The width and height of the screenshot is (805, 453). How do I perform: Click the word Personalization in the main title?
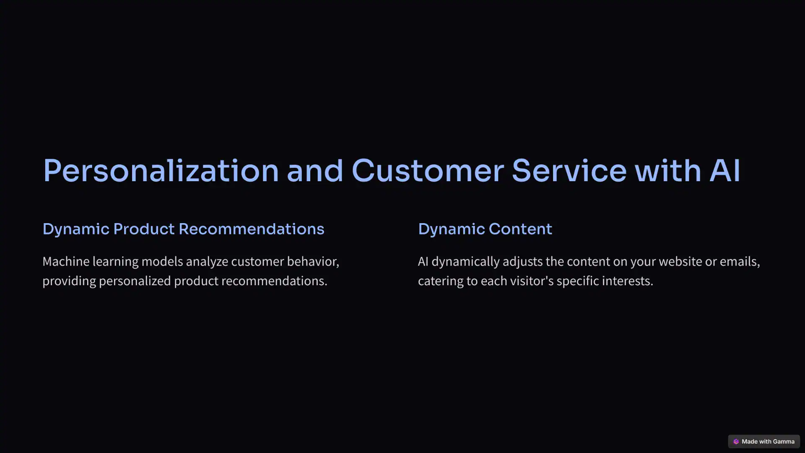pos(161,171)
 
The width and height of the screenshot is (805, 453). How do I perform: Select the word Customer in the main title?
pos(428,171)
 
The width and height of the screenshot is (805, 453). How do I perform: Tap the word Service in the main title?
pos(569,171)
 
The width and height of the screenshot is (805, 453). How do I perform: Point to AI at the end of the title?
pos(725,171)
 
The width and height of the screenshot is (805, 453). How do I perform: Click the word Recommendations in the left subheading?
pos(252,229)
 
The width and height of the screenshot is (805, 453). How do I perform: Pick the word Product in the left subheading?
pos(144,229)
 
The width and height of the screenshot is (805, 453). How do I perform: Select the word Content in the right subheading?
pos(520,229)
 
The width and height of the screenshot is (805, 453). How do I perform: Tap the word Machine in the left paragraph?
pos(66,261)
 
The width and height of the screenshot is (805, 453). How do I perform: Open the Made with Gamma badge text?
pos(768,441)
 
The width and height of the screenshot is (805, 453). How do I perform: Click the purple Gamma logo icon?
pos(736,441)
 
